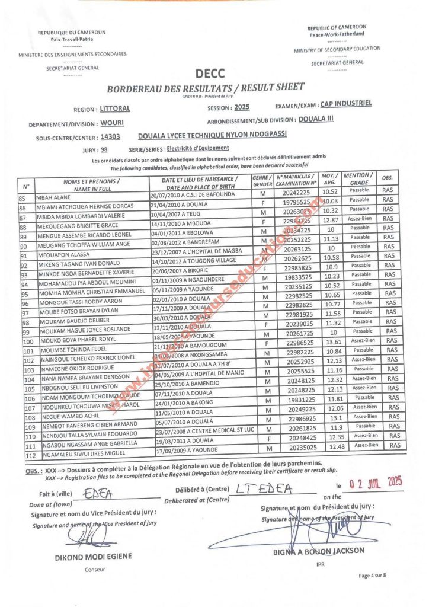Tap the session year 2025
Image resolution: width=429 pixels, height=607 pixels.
tap(242, 107)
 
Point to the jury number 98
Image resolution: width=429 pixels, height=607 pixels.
tap(104, 150)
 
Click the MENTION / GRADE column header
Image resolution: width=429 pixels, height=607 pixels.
tap(358, 178)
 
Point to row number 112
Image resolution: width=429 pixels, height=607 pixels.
tap(28, 455)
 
